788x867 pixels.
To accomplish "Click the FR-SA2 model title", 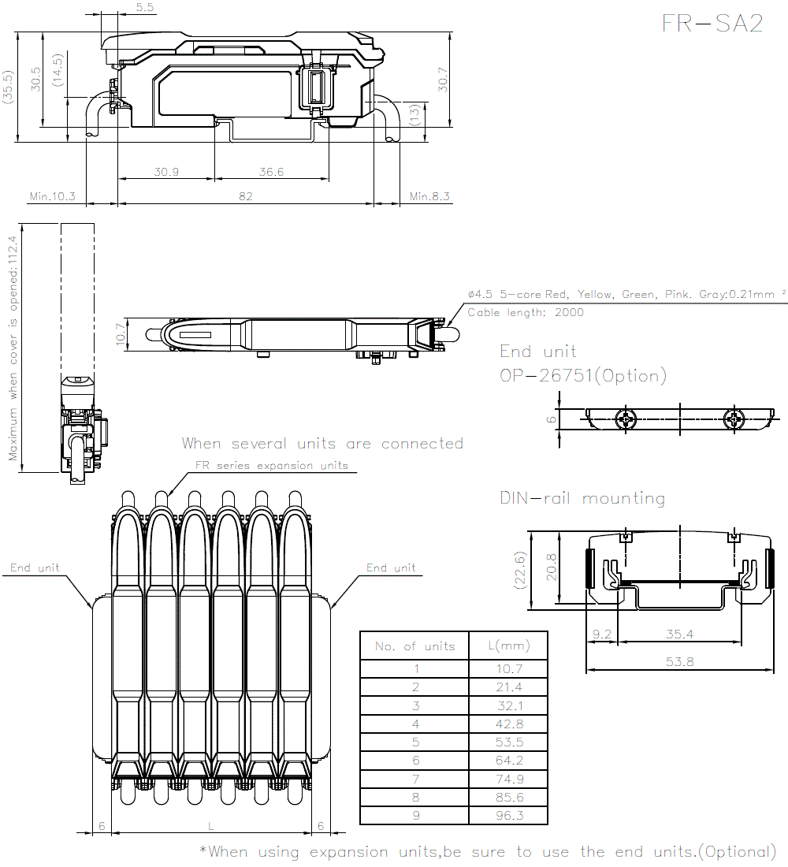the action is (x=712, y=23).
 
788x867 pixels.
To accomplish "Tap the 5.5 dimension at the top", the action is (x=145, y=7).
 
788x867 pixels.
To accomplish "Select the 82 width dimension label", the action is (x=246, y=196).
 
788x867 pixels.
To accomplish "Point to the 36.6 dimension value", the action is (x=271, y=172).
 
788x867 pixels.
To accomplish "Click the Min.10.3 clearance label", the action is (x=53, y=196).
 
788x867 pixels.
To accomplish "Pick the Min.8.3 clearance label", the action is (x=429, y=196).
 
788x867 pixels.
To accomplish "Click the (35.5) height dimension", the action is (x=7, y=87).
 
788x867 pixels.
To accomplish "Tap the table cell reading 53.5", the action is (x=509, y=742).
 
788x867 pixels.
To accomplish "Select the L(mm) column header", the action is (x=509, y=646).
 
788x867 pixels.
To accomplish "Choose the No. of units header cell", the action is (x=414, y=646).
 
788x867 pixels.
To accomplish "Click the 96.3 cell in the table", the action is (x=509, y=815).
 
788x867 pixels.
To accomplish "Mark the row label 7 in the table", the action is (x=416, y=779).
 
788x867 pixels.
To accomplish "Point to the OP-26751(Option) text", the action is (x=583, y=376).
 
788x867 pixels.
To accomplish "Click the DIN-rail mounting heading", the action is (x=582, y=498).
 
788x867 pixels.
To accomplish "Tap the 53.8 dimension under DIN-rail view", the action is (x=679, y=661).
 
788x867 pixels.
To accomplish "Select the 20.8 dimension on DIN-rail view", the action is (x=552, y=567).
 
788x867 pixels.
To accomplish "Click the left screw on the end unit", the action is (x=626, y=419).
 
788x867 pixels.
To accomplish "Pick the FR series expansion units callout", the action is (x=272, y=466).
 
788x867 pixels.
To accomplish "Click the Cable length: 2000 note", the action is (x=526, y=312).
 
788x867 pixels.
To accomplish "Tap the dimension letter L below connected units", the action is (x=210, y=826).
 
